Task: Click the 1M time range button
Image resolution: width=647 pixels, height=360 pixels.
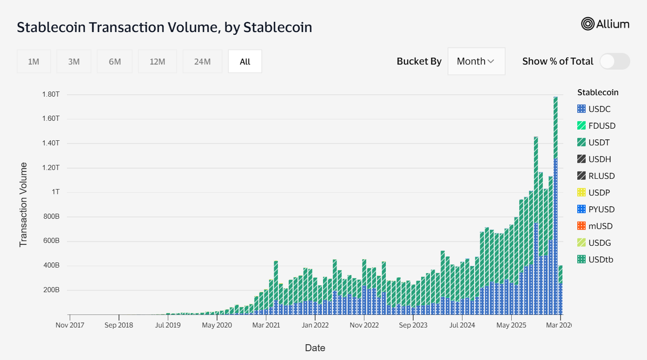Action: (33, 61)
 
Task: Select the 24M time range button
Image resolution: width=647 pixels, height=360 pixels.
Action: (202, 61)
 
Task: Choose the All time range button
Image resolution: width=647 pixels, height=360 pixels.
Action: (245, 61)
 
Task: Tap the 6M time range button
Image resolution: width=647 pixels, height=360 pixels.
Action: (115, 61)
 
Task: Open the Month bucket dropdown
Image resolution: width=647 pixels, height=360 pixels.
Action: (476, 61)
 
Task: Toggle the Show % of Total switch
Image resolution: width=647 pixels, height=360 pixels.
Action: (614, 61)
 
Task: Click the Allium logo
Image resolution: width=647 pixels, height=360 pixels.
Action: (605, 24)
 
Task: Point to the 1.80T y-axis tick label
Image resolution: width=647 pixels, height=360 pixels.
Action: (51, 94)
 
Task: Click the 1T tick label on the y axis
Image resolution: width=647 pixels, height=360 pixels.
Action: (55, 192)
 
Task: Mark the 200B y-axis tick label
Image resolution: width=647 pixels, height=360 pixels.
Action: (51, 290)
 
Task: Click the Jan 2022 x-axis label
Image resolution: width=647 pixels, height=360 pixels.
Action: (315, 325)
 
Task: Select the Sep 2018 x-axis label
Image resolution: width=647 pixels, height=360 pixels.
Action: (119, 325)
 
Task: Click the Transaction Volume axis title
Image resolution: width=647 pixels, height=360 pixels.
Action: (23, 204)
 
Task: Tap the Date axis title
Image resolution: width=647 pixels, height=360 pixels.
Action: (315, 348)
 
